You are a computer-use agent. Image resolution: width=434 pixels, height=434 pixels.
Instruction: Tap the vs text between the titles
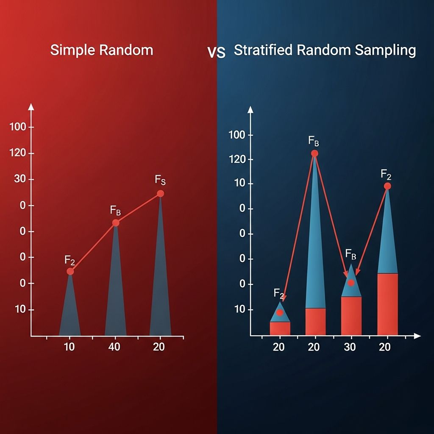[x=216, y=52]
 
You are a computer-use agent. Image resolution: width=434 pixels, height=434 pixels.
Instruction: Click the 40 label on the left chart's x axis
[x=114, y=347]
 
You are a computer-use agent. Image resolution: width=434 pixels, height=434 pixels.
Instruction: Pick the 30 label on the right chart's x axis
[x=350, y=347]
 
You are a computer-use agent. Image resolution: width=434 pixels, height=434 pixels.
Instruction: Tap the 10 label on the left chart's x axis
[x=69, y=347]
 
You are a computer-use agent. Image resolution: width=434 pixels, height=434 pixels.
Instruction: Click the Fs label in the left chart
[x=160, y=181]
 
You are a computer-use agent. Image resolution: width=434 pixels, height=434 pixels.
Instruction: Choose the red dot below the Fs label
[x=160, y=194]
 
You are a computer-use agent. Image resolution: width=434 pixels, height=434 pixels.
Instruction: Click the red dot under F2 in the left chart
[x=70, y=271]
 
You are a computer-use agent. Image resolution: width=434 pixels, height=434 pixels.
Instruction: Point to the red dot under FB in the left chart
[x=116, y=223]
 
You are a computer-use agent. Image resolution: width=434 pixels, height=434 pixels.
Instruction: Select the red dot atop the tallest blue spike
[x=314, y=153]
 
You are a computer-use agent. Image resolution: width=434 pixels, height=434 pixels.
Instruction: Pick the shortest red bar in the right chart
[x=280, y=328]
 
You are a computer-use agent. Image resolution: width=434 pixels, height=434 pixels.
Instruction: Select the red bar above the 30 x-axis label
[x=351, y=316]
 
